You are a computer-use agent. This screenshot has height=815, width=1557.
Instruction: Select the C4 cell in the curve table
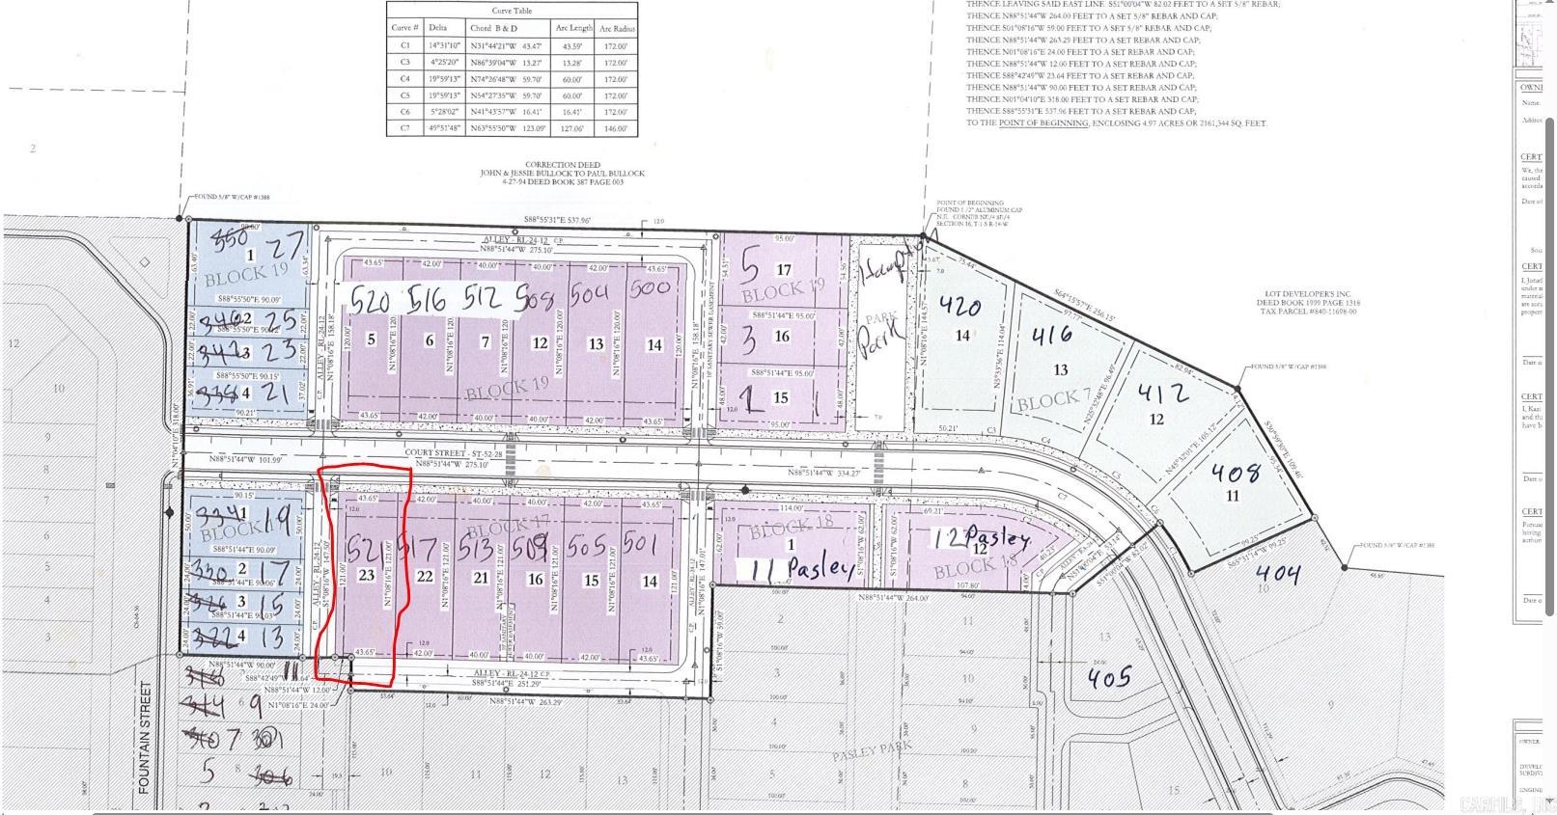(405, 79)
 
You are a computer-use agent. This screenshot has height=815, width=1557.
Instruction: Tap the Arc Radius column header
(616, 28)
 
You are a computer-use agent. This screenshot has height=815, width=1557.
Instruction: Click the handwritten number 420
(959, 306)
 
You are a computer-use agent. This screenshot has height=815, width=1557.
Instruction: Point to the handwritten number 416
(1051, 336)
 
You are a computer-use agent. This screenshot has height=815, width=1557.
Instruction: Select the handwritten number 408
(1235, 473)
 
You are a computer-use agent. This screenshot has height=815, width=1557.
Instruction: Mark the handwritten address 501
(640, 544)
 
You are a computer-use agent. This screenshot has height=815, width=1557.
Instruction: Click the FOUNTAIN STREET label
(146, 738)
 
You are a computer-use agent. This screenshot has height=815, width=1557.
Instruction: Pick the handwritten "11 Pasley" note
(797, 569)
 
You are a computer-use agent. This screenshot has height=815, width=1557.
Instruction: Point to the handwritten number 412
(1163, 393)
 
